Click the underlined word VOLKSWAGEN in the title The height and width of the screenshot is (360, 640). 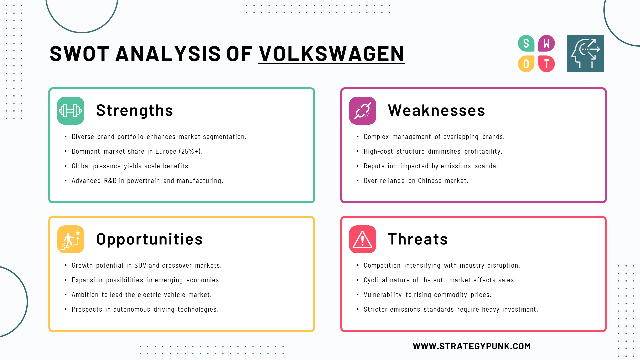coord(331,54)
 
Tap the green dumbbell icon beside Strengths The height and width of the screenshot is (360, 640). coord(71,111)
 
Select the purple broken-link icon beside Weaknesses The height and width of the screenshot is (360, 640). coord(363,111)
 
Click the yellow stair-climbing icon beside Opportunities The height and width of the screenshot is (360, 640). coord(71,239)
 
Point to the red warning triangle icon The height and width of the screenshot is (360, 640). coord(363,239)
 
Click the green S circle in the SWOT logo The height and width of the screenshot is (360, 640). coord(526,43)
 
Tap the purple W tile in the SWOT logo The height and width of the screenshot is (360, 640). coord(547,43)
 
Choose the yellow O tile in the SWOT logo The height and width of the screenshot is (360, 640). coord(526,64)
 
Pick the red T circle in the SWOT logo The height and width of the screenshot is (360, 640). coord(547,64)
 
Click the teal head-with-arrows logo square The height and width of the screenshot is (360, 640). coord(585,53)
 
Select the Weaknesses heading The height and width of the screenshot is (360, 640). coord(436,110)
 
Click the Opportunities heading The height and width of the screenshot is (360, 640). coord(149,239)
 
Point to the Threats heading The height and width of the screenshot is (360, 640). coord(418,239)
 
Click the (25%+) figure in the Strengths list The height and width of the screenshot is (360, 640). coord(190,151)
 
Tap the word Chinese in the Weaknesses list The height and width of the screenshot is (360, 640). coord(430,181)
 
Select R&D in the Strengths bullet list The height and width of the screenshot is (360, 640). coord(110,181)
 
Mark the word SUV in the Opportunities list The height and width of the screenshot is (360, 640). coord(140,265)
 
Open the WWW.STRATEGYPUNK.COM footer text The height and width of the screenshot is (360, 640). coord(472,346)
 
